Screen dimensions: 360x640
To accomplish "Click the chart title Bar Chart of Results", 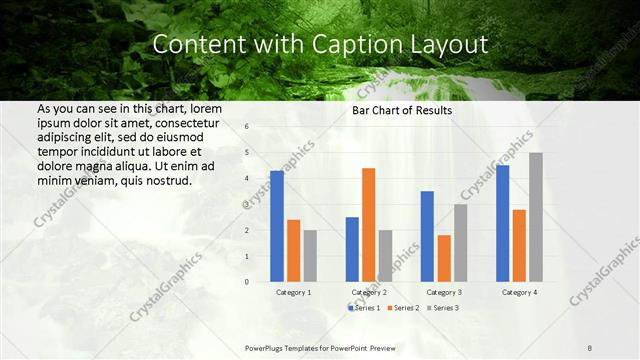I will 401,110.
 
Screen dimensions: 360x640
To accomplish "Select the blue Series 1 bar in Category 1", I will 277,226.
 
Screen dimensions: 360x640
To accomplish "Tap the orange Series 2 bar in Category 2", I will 368,225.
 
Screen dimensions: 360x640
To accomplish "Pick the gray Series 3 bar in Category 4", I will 535,217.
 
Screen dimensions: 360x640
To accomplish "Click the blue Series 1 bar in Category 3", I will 427,236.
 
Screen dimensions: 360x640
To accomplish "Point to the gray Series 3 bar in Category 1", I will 310,256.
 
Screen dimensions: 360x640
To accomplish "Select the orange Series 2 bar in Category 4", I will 518,245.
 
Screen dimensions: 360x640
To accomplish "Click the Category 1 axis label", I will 293,292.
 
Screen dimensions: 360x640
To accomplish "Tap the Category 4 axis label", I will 518,292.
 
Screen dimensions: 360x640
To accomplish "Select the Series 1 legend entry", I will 364,307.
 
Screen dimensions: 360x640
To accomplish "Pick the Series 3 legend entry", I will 443,307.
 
